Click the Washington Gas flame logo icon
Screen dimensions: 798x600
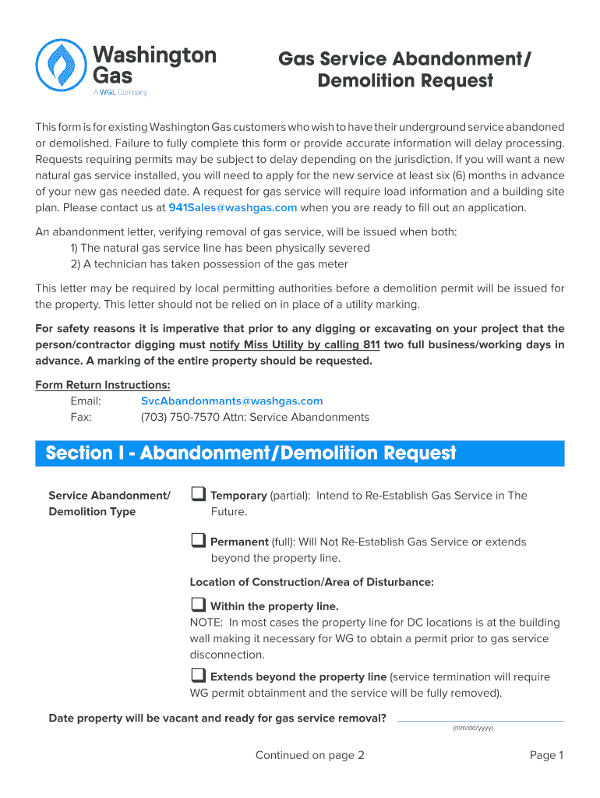click(60, 65)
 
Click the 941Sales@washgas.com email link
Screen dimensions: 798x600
click(233, 207)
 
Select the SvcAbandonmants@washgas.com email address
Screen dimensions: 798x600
click(231, 401)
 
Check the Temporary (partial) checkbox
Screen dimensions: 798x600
click(198, 494)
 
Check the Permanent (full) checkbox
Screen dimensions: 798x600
click(198, 540)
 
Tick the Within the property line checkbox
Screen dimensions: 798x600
click(198, 605)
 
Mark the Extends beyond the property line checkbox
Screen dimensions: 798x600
click(198, 675)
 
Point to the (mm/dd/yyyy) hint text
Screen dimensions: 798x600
click(473, 728)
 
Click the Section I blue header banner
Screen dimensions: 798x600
click(299, 453)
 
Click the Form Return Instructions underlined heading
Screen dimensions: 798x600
click(103, 385)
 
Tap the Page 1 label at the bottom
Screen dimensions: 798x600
click(546, 755)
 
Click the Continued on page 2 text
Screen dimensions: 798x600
click(309, 755)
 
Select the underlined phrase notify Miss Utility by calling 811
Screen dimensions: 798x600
click(295, 344)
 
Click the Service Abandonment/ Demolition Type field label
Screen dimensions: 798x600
click(109, 503)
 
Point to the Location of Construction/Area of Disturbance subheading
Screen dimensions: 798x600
click(312, 582)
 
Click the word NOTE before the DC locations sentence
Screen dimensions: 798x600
click(206, 622)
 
